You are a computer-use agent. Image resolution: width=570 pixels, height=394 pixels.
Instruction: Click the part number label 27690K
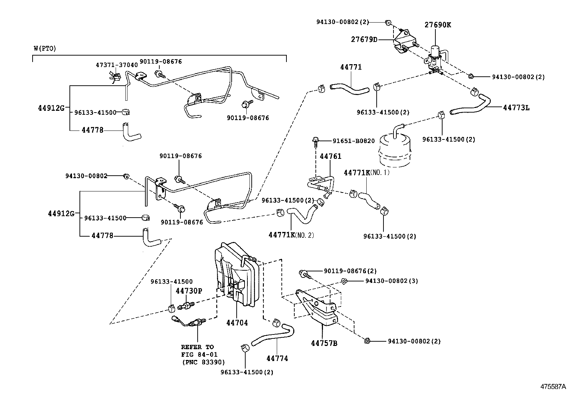pos(438,25)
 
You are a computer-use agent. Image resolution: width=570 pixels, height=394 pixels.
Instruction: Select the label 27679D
pos(364,39)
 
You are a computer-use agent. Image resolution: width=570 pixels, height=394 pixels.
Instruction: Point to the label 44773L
pos(516,107)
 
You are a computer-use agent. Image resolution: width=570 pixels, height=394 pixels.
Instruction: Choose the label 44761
pos(330,156)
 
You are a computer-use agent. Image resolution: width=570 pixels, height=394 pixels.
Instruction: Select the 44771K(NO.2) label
pos(291,235)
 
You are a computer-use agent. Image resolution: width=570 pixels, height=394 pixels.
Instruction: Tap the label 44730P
pos(189,291)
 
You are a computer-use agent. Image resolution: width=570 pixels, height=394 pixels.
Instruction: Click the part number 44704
pos(237,323)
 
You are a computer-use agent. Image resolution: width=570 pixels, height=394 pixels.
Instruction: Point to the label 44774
pos(277,358)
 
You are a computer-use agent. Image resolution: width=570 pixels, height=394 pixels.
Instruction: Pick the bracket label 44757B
pos(324,343)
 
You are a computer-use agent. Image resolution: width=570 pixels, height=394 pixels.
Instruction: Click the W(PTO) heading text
pos(45,48)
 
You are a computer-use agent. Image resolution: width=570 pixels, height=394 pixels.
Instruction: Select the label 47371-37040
pos(116,65)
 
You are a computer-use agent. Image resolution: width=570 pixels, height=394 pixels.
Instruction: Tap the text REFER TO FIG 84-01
pos(197,351)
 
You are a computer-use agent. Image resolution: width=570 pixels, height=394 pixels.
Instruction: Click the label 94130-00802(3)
pos(391,281)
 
